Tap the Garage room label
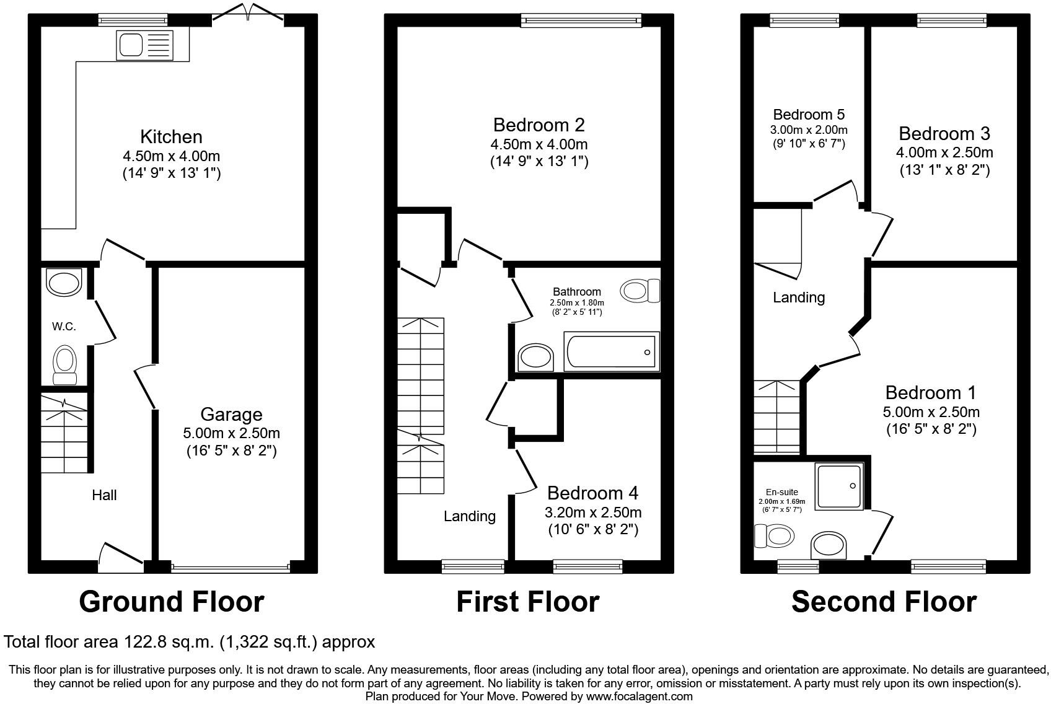click(231, 415)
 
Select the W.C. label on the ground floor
click(64, 327)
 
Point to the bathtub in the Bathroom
click(611, 351)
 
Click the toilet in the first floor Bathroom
click(640, 291)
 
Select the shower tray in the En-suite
click(839, 486)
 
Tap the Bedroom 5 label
click(809, 115)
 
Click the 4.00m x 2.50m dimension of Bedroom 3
click(944, 152)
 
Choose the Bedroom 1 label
click(930, 393)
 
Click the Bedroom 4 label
click(592, 493)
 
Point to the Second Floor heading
click(884, 602)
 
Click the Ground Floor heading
click(172, 602)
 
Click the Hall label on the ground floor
click(104, 495)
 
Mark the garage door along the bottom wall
click(231, 566)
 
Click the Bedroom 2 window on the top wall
click(581, 22)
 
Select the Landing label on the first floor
click(469, 516)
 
